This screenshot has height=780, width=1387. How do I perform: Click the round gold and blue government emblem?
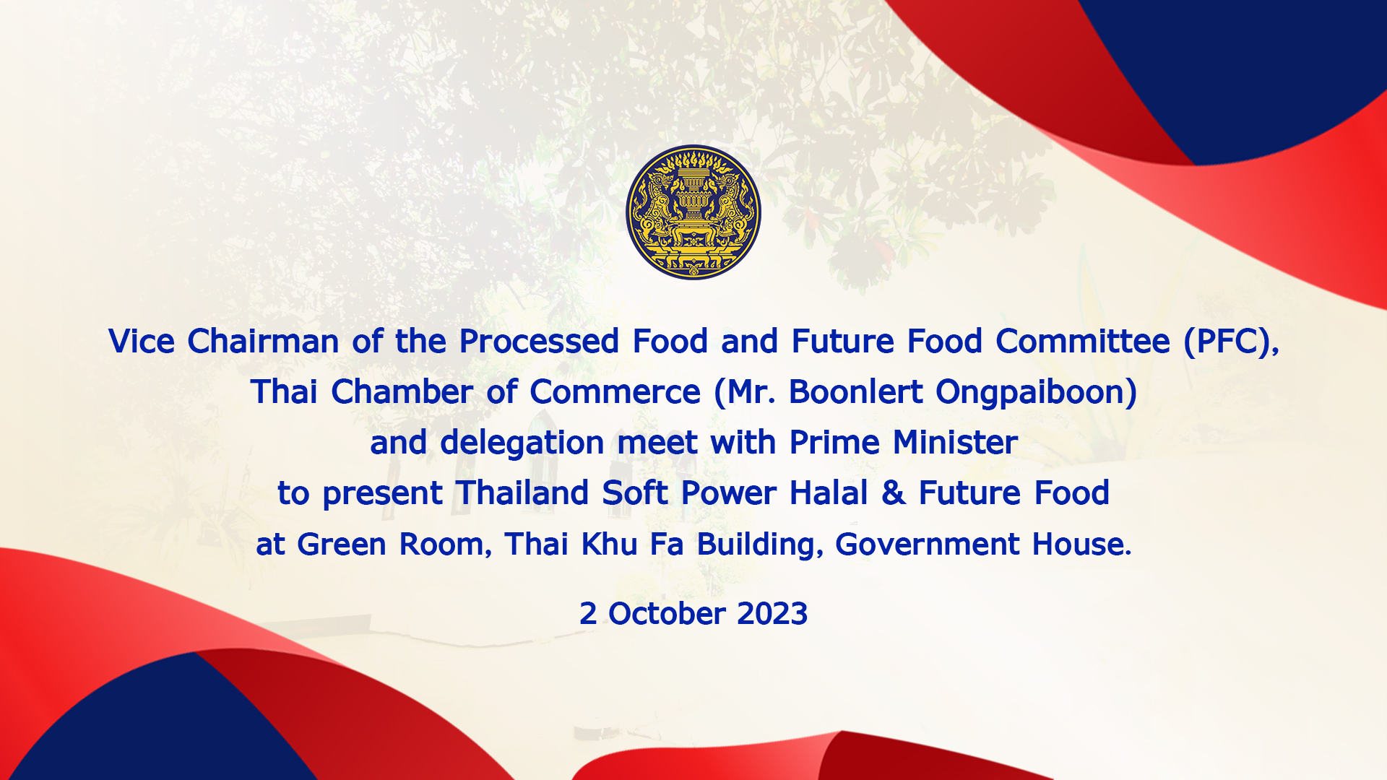coord(693,212)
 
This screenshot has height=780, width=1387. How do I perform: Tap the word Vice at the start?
coord(142,341)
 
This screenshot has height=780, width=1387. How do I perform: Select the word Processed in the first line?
coord(539,341)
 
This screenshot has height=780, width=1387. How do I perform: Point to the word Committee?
coord(1083,341)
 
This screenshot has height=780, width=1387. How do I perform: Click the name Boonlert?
coord(855,391)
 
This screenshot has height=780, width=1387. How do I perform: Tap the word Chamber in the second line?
coord(402,391)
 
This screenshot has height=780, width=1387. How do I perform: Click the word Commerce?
coord(615,391)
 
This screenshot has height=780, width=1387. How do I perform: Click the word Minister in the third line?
coord(955,442)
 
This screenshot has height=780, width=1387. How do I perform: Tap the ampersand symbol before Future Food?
coord(893,493)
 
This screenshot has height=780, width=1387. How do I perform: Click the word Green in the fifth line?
coord(342,544)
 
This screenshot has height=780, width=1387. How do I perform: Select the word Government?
coord(927,544)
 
